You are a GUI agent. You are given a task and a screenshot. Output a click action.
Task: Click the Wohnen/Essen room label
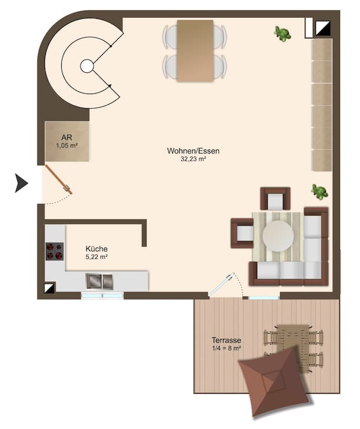[193, 151]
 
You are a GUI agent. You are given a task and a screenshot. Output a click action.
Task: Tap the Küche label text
[96, 249]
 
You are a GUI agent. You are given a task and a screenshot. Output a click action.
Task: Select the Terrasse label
[226, 340]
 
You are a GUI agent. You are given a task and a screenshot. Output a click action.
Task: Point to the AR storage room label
[66, 137]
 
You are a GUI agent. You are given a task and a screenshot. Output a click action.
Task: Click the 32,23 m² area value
[193, 159]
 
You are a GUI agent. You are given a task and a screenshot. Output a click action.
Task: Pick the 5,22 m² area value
[96, 257]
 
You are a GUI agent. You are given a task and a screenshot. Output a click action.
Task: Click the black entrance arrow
[21, 183]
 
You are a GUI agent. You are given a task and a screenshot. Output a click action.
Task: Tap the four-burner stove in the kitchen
[55, 251]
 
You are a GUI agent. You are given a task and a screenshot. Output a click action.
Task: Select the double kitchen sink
[99, 281]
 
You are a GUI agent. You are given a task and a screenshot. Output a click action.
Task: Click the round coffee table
[278, 236]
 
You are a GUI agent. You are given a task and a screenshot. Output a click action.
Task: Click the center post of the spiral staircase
[87, 66]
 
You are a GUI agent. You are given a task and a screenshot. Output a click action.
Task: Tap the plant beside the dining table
[282, 34]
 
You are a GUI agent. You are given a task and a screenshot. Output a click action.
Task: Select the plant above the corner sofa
[319, 191]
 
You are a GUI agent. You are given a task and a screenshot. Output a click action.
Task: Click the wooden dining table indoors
[195, 51]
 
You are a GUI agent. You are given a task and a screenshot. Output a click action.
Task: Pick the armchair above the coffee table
[275, 199]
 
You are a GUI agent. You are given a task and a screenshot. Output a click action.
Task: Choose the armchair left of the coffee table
[242, 233]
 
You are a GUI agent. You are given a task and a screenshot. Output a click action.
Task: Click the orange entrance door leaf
[59, 179]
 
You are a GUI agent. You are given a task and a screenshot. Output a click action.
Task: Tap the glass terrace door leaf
[221, 284]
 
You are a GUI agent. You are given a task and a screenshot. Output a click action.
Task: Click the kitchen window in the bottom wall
[102, 295]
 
